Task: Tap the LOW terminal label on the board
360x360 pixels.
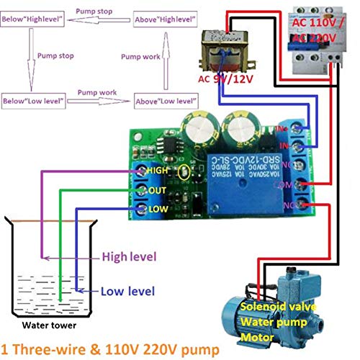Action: coord(156,209)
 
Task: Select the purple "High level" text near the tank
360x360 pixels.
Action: coord(129,256)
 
